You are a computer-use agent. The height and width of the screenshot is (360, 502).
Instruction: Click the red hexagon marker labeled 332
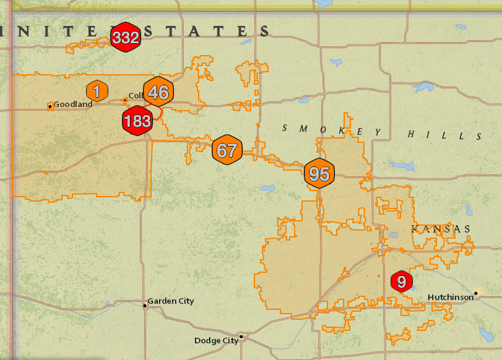point(126,38)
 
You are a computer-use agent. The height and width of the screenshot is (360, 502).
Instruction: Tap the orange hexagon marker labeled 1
point(97,92)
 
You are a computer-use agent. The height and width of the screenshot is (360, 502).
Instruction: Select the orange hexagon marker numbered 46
point(158,93)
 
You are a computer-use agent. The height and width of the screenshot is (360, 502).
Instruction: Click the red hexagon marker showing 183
point(137,121)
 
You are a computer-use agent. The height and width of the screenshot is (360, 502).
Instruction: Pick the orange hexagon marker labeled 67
point(227,150)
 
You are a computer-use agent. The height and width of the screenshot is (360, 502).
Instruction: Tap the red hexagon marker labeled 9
point(401,282)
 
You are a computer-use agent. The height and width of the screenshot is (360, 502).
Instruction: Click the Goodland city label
point(73,104)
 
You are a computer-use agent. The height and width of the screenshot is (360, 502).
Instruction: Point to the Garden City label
point(170,301)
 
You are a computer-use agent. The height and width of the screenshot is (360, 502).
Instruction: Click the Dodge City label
point(215,341)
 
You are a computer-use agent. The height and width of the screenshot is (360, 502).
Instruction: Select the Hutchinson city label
point(450,298)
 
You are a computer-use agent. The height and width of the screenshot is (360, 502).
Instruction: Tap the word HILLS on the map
point(444,134)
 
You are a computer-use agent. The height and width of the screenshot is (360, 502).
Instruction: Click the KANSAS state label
point(441,229)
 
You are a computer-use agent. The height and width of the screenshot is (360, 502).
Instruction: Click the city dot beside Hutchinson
point(476,293)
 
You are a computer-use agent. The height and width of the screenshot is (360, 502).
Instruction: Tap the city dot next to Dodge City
point(241,337)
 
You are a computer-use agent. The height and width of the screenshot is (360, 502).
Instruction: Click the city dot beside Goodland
point(50,106)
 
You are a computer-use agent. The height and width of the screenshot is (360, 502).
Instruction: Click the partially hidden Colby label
point(136,96)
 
